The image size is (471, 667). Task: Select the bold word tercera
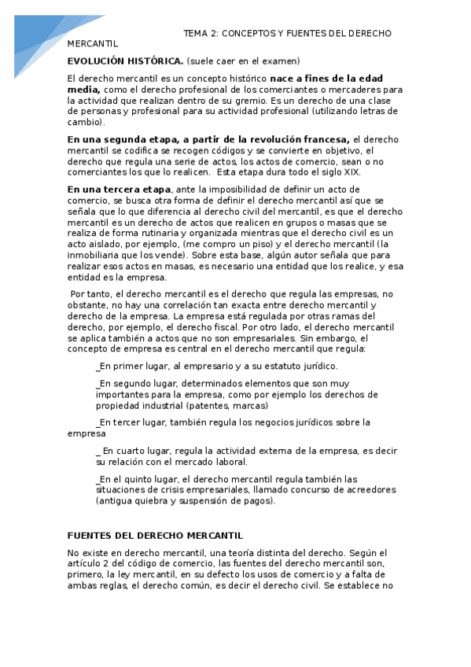(x=122, y=190)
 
